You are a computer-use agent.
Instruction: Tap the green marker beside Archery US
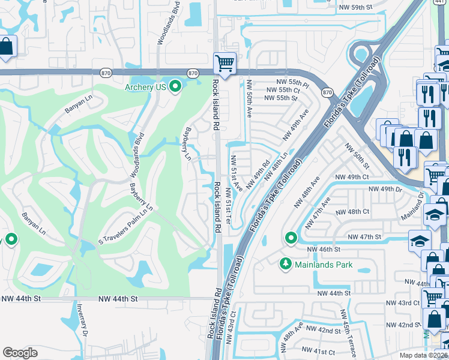coord(175,88)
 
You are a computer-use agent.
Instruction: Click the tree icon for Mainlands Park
coord(286,263)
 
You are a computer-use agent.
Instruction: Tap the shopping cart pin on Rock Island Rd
coord(224,63)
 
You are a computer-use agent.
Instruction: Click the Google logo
coord(20,353)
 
